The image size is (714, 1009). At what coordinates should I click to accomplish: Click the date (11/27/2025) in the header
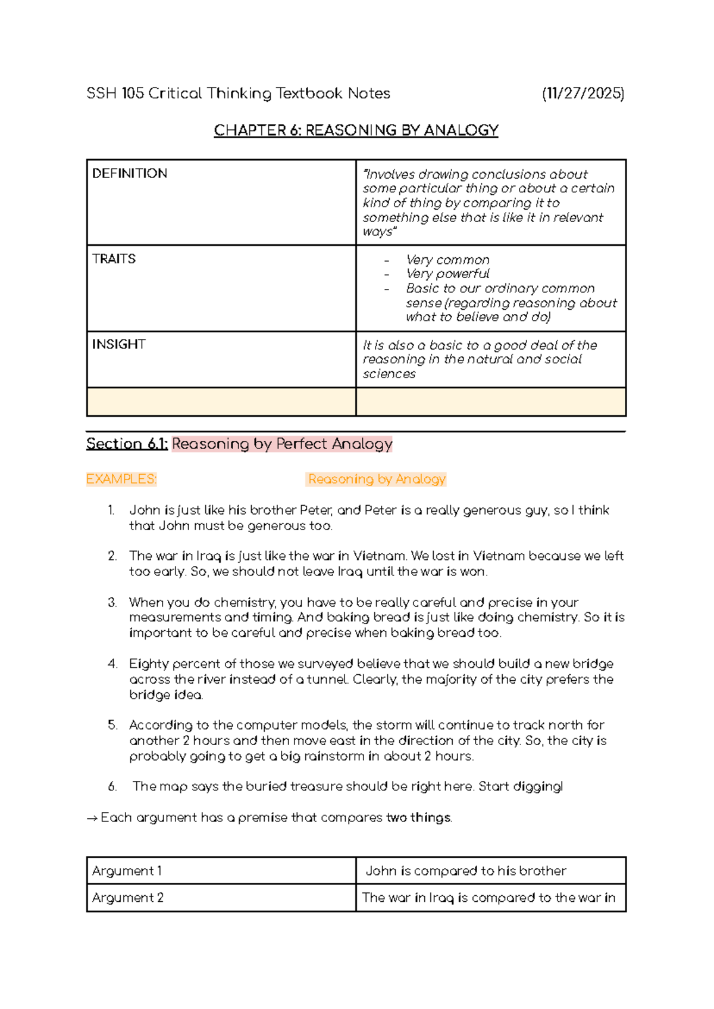point(583,94)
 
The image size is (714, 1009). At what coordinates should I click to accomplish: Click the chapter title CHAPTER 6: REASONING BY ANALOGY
point(356,130)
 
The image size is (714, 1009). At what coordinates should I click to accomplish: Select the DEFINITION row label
point(130,173)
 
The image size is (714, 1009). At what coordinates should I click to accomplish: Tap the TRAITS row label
point(114,259)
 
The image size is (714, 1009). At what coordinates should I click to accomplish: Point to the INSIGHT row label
point(118,344)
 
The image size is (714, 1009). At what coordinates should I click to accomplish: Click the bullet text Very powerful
point(447,274)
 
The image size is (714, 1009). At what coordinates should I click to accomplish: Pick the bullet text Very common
point(447,260)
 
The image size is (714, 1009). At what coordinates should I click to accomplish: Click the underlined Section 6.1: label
point(127,444)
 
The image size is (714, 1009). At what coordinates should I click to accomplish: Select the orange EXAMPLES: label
point(121,479)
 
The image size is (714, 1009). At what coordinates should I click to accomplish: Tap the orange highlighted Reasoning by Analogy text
point(377,479)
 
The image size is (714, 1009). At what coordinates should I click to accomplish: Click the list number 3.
point(112,602)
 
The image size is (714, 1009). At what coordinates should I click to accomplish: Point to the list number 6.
point(112,786)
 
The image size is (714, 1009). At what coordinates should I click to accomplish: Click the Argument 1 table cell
point(127,871)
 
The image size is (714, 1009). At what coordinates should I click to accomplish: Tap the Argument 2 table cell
point(127,898)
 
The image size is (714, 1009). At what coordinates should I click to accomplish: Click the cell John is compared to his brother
point(466,871)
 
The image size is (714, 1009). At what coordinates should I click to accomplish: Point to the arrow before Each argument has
point(92,818)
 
